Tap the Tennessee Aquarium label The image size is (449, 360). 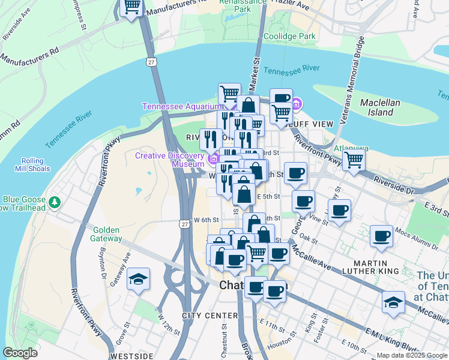click(x=178, y=107)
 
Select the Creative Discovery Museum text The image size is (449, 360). click(x=170, y=160)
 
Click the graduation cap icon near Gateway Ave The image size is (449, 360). click(x=139, y=280)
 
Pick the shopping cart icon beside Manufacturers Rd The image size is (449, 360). click(x=131, y=8)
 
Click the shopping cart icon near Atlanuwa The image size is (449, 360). click(x=354, y=160)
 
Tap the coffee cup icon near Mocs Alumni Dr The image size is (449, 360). click(x=381, y=236)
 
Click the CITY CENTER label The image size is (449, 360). click(x=202, y=316)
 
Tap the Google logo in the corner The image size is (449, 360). click(x=20, y=352)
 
